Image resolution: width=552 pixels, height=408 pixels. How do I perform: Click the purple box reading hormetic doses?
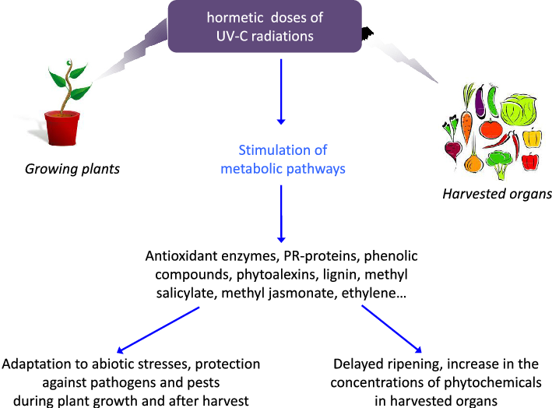pos(265,26)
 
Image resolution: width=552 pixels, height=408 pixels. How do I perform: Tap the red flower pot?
pos(62,127)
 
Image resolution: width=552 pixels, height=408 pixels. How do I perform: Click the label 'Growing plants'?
pos(72,168)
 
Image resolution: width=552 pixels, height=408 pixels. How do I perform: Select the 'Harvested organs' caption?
pos(497,194)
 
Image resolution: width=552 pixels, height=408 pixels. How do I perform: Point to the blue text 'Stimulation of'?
pos(283,149)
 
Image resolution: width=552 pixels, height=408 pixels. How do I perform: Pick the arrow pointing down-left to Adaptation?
pos(160,329)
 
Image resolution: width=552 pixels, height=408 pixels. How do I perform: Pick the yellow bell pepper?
pos(532,139)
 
